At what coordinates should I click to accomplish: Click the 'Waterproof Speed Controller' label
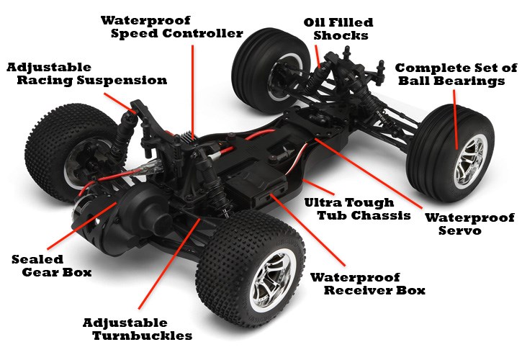click(172, 27)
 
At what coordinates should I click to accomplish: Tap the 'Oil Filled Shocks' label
click(338, 30)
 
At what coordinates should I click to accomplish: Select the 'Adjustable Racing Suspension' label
click(87, 74)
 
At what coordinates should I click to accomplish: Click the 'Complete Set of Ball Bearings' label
click(456, 74)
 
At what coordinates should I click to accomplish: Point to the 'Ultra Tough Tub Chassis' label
click(357, 209)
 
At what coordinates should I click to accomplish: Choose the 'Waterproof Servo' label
click(469, 224)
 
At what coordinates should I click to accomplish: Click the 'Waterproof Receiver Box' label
click(367, 284)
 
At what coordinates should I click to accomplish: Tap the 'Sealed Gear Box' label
click(51, 266)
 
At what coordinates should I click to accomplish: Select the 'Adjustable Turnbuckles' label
click(137, 329)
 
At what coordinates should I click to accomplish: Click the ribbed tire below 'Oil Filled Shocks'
click(270, 71)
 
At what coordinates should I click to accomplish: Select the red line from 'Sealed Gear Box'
click(82, 226)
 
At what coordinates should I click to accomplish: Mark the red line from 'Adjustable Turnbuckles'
click(169, 264)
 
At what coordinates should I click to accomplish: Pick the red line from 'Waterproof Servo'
click(369, 174)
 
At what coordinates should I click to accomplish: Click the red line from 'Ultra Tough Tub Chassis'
click(318, 186)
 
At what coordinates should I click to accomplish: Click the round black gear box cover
click(140, 213)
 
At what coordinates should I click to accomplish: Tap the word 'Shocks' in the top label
click(341, 35)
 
